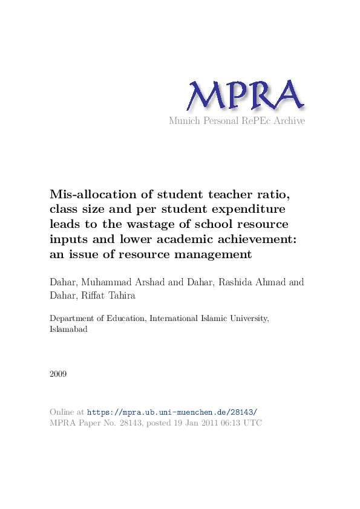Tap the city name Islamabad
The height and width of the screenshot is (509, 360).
(x=68, y=330)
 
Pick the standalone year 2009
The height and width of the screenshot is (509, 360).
(x=58, y=374)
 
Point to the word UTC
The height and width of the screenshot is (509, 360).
(x=252, y=423)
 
